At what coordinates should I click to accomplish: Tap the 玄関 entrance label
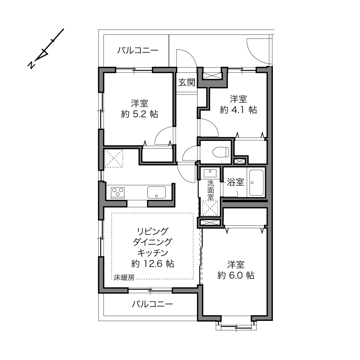[x=187, y=83]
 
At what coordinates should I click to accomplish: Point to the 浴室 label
[x=235, y=182]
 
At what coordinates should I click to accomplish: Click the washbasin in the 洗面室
[x=210, y=173]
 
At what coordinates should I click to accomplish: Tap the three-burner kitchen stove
[x=118, y=192]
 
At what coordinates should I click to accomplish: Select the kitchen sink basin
[x=157, y=192]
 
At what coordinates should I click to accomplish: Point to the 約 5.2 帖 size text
[x=140, y=114]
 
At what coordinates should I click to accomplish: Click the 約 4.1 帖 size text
[x=238, y=110]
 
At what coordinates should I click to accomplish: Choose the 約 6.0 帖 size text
[x=236, y=275]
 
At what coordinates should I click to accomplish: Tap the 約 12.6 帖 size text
[x=153, y=263]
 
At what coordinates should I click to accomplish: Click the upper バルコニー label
[x=138, y=51]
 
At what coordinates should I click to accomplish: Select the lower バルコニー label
[x=152, y=304]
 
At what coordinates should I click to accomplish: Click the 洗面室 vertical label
[x=211, y=190]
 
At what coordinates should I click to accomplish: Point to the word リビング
[x=153, y=231]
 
